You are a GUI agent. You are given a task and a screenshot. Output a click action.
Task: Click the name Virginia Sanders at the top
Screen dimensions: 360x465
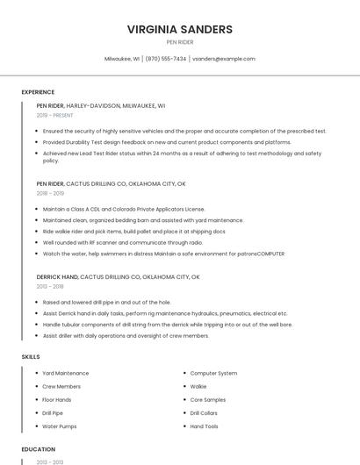(180, 29)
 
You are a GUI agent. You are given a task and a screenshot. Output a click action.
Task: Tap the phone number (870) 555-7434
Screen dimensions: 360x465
(166, 59)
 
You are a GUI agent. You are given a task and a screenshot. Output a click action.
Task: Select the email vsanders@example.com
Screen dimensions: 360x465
(223, 59)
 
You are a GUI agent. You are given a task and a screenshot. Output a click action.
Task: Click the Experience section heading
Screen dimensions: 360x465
(38, 92)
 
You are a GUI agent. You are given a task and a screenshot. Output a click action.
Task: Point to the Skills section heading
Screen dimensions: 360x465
(31, 357)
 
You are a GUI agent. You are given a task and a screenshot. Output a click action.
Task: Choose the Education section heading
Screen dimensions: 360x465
(38, 449)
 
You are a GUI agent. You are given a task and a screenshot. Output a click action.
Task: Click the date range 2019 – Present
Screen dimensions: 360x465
(55, 115)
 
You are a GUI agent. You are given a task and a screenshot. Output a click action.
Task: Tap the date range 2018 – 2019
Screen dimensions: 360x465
(50, 193)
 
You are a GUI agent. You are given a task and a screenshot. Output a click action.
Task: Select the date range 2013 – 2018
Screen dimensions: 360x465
(50, 286)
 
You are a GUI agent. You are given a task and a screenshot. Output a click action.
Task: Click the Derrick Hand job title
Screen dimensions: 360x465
(57, 276)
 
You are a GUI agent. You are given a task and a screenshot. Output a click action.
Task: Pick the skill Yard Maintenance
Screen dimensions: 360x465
(66, 373)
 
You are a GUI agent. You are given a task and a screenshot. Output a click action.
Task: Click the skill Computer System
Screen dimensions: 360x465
(213, 373)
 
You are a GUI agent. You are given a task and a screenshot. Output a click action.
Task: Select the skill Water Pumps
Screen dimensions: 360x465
(60, 426)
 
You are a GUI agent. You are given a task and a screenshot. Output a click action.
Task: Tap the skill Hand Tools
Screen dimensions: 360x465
(205, 426)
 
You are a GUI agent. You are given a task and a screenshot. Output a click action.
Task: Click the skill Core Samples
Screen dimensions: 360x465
(208, 399)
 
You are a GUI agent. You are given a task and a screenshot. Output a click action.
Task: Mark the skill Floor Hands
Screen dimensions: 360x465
(57, 399)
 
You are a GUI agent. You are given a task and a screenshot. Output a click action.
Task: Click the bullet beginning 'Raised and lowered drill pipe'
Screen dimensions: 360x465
(106, 302)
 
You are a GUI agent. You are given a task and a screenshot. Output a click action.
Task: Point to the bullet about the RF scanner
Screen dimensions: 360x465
(123, 242)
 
